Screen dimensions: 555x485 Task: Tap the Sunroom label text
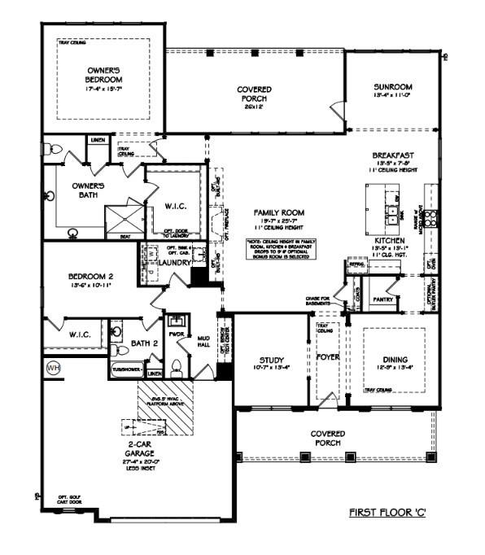[x=392, y=86]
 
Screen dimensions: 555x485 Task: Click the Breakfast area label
[x=393, y=155]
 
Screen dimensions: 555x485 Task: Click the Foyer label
[x=329, y=356]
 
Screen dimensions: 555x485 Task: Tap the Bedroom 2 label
[x=90, y=277]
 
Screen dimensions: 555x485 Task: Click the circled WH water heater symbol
[x=54, y=367]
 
